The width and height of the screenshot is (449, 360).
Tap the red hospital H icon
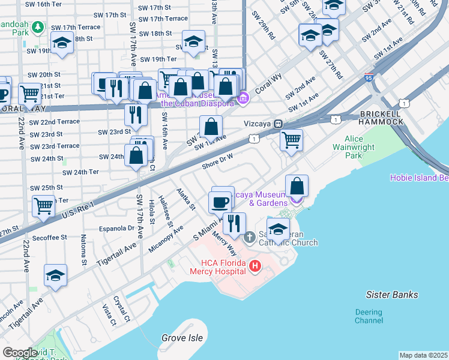(x=255, y=265)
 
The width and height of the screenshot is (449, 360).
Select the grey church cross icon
(x=250, y=238)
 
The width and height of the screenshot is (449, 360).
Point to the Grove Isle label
(x=182, y=338)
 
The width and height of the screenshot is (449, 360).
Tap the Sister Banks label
(x=392, y=295)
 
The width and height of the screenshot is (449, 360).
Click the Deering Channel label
(x=368, y=316)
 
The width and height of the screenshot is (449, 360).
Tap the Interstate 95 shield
(x=368, y=77)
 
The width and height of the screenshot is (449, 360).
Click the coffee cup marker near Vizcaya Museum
(x=221, y=202)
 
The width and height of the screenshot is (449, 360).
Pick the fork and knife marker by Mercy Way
(x=234, y=223)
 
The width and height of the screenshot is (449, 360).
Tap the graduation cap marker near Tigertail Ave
(x=55, y=275)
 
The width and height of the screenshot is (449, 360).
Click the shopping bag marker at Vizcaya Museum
(x=297, y=185)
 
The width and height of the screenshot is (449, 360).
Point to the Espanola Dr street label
(x=117, y=228)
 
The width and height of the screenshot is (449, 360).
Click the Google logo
(x=20, y=353)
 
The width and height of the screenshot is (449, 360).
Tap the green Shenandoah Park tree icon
(x=38, y=27)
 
